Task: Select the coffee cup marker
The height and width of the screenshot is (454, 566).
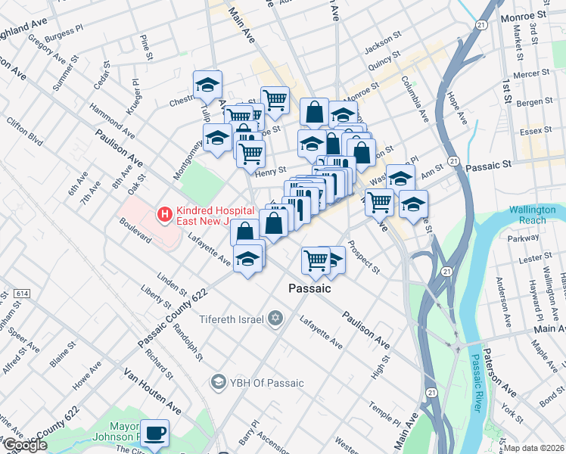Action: pyautogui.click(x=155, y=434)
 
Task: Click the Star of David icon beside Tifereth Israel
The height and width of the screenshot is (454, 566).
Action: pyautogui.click(x=277, y=319)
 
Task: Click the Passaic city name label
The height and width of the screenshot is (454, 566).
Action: pyautogui.click(x=309, y=288)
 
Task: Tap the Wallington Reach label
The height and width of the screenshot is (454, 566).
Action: pyautogui.click(x=536, y=215)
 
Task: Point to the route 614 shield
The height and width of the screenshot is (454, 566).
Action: pyautogui.click(x=23, y=293)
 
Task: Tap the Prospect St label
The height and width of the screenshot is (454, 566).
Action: pyautogui.click(x=364, y=257)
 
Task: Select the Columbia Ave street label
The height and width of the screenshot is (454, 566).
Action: pyautogui.click(x=415, y=99)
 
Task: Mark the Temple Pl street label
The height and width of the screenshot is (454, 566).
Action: pyautogui.click(x=385, y=412)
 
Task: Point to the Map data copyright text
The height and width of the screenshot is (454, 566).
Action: pyautogui.click(x=534, y=448)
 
